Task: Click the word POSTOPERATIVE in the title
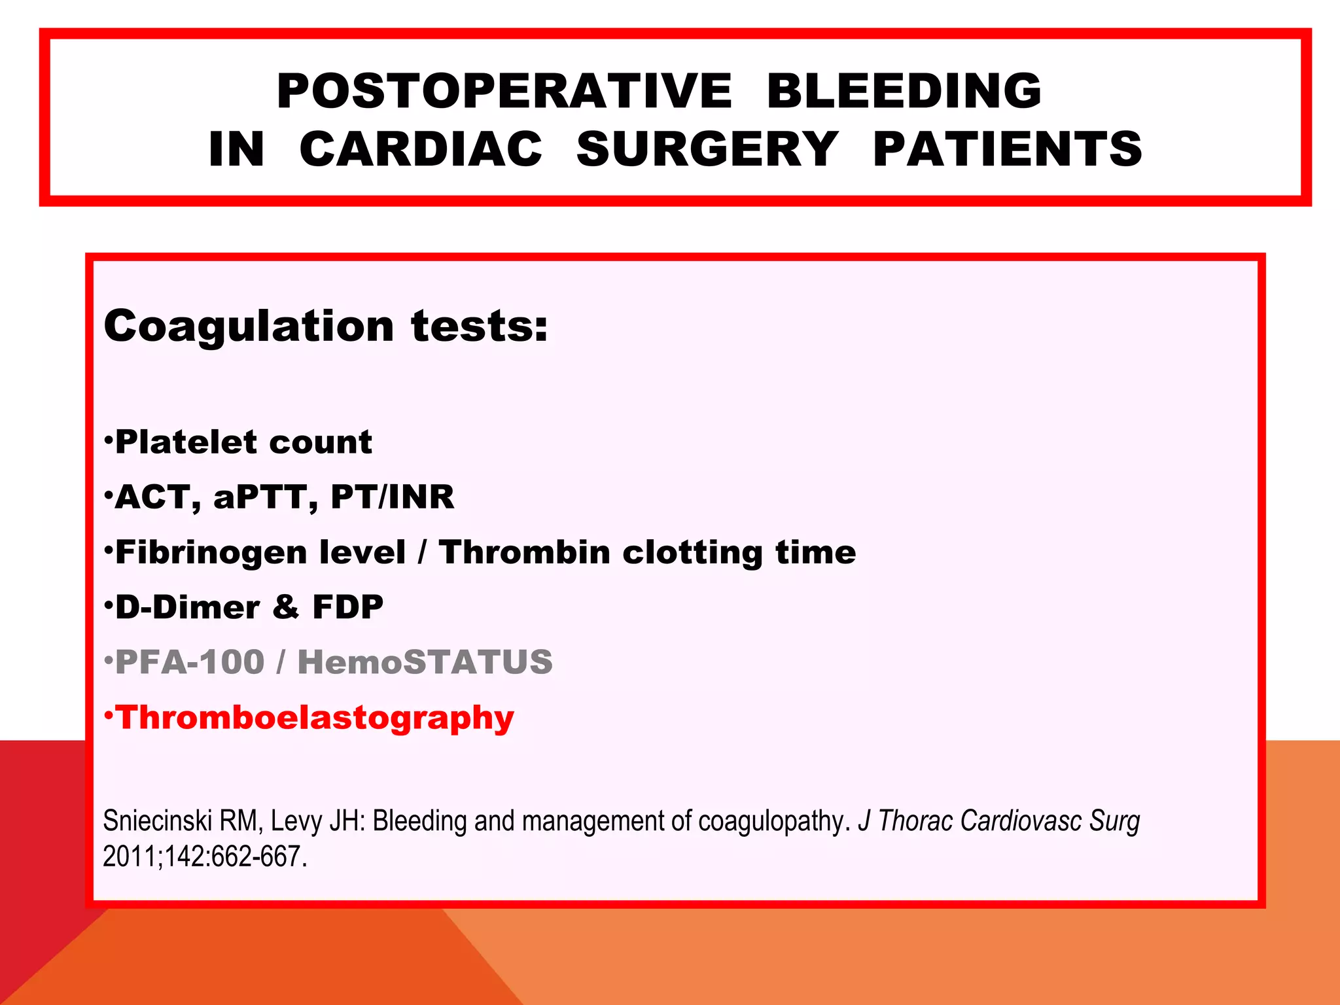pos(504,91)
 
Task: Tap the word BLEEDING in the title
pos(904,91)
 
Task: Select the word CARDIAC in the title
pos(421,149)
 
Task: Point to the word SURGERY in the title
pos(707,149)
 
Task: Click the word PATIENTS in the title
pos(1008,149)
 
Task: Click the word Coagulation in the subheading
pos(249,326)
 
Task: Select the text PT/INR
pos(392,497)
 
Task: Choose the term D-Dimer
pos(187,607)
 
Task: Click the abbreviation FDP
pos(348,607)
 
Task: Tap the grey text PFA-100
pos(190,662)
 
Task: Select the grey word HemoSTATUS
pos(425,662)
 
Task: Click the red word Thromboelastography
pos(315,718)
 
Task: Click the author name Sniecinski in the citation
pos(157,821)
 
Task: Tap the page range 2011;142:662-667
pos(205,857)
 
